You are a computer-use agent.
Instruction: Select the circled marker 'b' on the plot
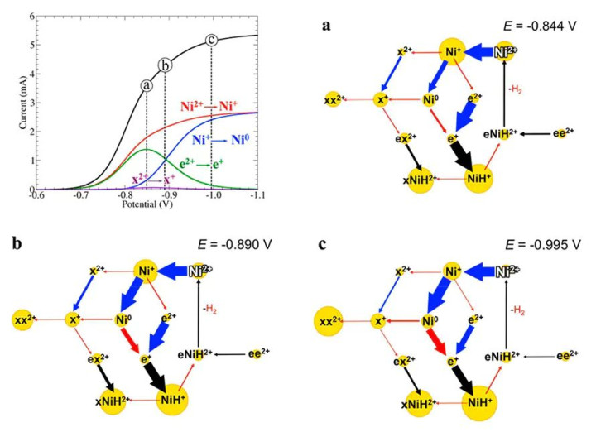click(166, 65)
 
